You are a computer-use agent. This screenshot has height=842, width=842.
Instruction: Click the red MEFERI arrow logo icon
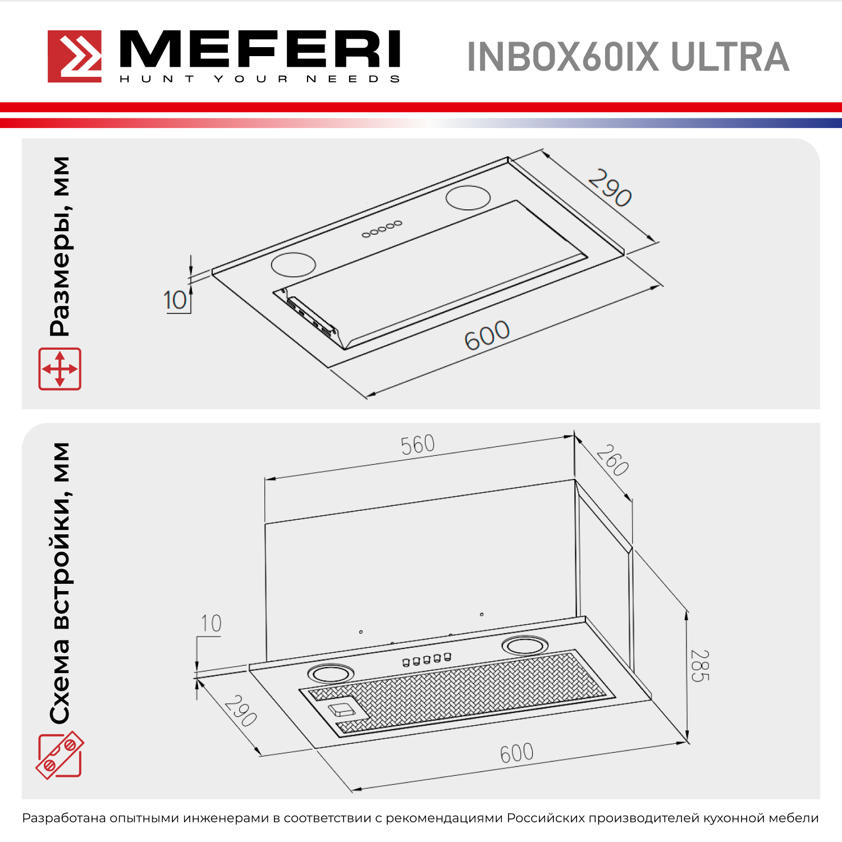75,56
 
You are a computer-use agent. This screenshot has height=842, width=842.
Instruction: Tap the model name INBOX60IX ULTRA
628,57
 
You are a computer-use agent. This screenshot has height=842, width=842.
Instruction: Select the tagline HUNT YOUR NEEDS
260,79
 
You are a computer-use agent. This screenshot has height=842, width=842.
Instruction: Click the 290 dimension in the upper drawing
610,188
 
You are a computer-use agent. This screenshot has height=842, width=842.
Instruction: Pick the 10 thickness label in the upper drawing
175,300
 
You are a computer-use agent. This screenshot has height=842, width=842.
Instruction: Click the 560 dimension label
418,445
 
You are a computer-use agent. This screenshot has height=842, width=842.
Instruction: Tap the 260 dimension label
612,460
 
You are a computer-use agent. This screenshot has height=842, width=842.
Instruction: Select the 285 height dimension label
700,666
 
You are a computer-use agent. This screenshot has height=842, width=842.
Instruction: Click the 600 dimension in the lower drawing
516,753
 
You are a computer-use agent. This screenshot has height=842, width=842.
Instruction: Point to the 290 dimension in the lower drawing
241,711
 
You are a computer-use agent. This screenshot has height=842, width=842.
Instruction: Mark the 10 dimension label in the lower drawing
211,624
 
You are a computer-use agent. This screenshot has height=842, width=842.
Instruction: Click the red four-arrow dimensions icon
60,369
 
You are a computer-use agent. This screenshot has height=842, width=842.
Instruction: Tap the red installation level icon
60,755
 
